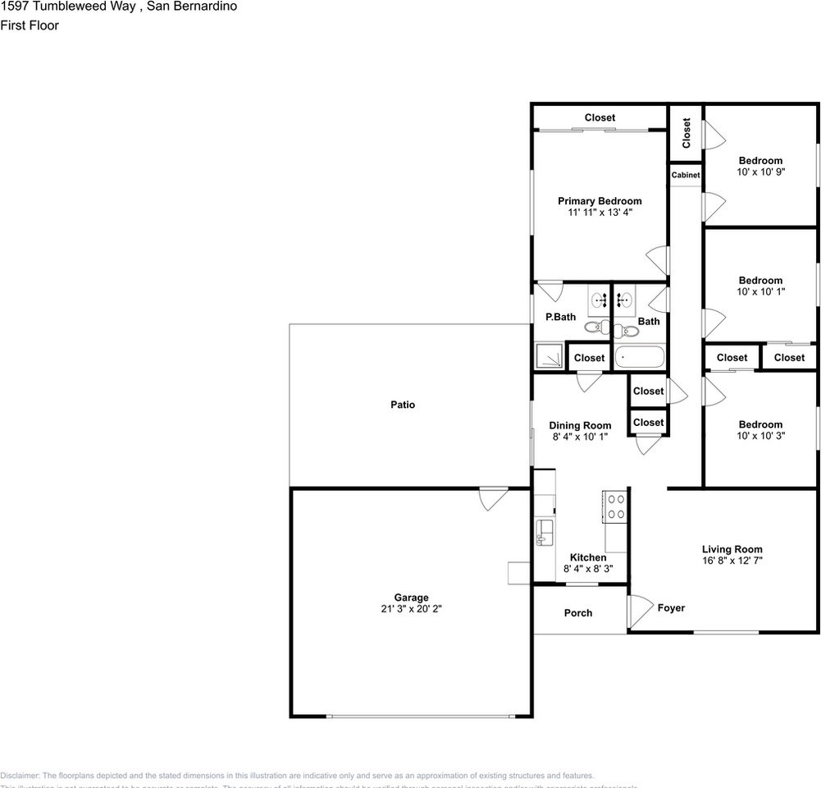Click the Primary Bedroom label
[x=600, y=201]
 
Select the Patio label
[x=402, y=405]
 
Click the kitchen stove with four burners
[x=614, y=506]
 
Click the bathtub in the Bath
[x=640, y=358]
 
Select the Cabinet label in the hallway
[x=686, y=175]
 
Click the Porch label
[x=578, y=613]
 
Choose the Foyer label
[x=671, y=608]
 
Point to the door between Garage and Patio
[x=494, y=498]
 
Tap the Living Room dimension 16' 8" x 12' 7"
[x=732, y=561]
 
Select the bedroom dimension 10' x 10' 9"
[x=760, y=172]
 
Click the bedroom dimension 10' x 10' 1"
[x=760, y=291]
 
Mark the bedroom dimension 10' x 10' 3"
[x=760, y=436]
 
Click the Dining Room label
[x=580, y=425]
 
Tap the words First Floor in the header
[x=30, y=25]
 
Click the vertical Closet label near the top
[x=686, y=132]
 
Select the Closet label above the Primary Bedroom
[x=600, y=117]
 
